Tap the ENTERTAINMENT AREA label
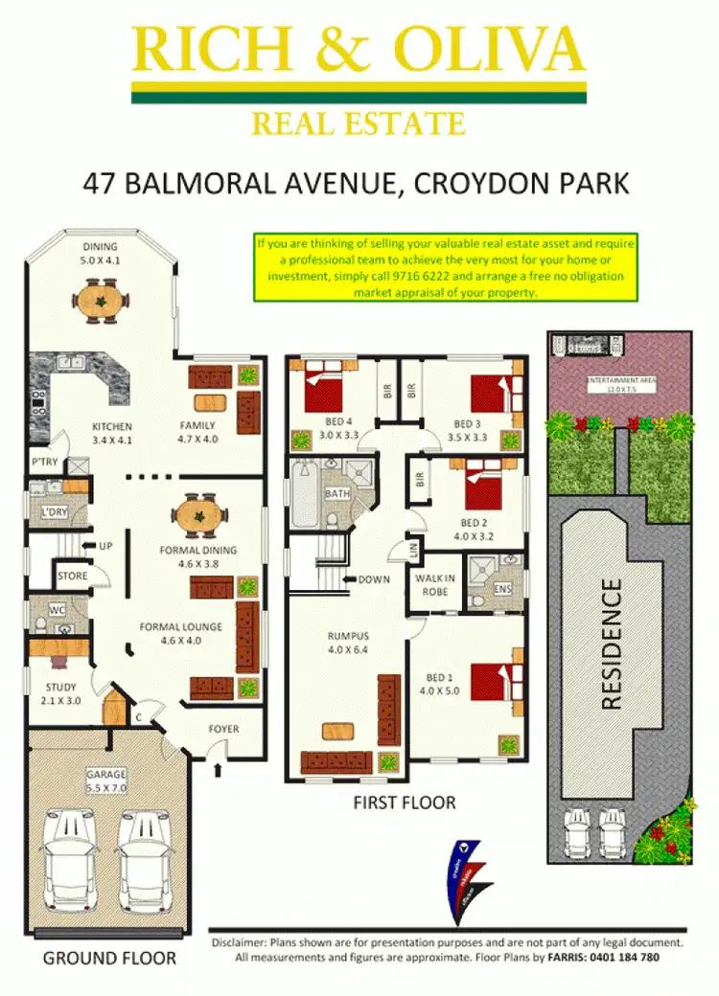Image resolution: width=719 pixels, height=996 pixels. point(621,385)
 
